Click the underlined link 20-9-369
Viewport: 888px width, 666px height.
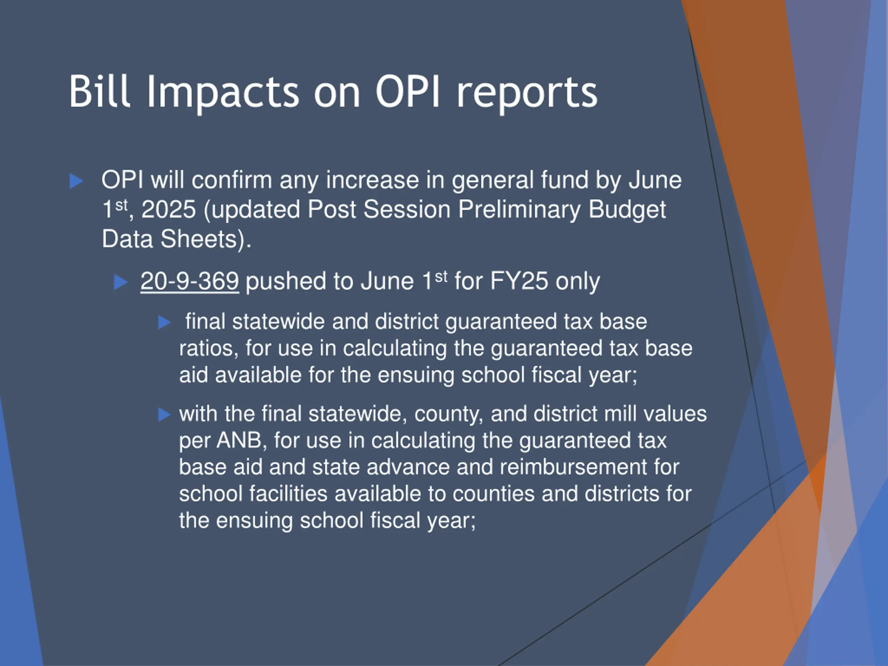pos(189,281)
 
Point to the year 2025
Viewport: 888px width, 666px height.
pos(169,209)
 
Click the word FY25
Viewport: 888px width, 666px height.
pos(519,281)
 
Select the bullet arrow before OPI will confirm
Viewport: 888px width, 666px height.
pos(76,181)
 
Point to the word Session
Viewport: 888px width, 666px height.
pos(407,210)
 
